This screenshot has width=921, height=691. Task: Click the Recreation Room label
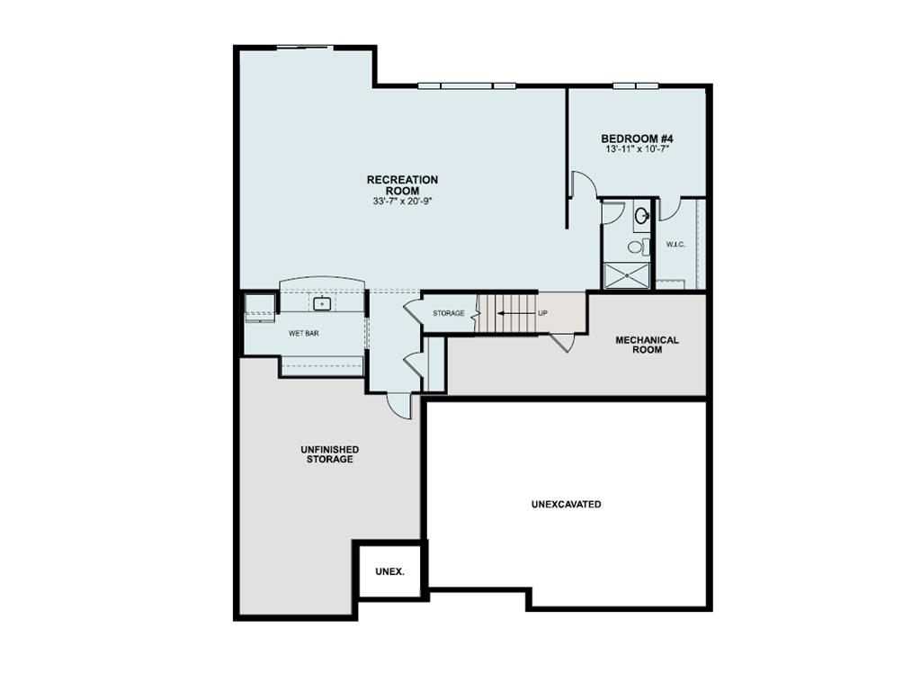pos(402,185)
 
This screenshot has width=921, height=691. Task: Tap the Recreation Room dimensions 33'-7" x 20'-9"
pos(402,202)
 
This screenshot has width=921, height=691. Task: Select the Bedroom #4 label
pos(637,139)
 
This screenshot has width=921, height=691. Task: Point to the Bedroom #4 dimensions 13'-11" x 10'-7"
pos(637,149)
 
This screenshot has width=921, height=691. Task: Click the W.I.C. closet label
pos(676,244)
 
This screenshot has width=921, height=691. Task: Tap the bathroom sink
pos(642,216)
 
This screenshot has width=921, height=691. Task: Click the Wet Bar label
pos(303,333)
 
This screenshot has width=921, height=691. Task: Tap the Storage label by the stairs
pos(448,313)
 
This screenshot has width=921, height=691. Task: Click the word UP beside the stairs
pos(542,314)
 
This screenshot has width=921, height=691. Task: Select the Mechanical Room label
pos(647,345)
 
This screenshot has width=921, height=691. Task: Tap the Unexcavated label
pos(566,505)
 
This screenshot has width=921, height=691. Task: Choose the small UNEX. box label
pos(389,571)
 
